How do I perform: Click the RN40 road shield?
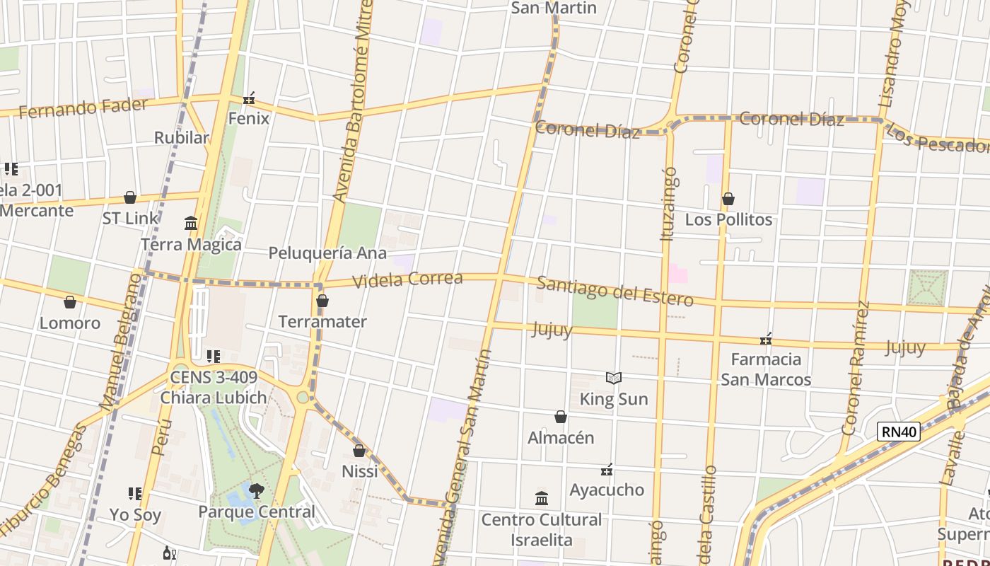[x=898, y=432]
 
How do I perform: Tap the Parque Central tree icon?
[x=256, y=490]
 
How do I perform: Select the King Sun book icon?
[x=614, y=379]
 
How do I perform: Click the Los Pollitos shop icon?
[x=728, y=200]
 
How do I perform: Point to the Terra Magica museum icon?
[x=191, y=224]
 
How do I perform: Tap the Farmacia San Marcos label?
[x=766, y=369]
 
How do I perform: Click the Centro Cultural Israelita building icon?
[x=542, y=499]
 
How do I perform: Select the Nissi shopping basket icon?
[x=359, y=451]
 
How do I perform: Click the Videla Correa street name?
[x=407, y=279]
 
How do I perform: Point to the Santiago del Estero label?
[x=615, y=291]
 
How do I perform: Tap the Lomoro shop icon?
[x=70, y=303]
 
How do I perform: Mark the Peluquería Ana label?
[x=327, y=253]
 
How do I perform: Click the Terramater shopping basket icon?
[x=322, y=301]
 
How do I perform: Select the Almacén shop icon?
[x=561, y=417]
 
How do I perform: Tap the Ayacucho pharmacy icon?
[x=607, y=470]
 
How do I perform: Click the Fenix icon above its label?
[x=249, y=98]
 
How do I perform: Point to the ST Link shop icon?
[x=130, y=197]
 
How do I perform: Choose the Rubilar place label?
[x=182, y=137]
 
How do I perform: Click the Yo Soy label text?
[x=135, y=514]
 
